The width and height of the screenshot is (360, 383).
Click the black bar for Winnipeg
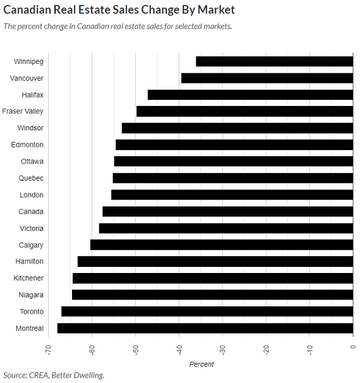pyautogui.click(x=274, y=61)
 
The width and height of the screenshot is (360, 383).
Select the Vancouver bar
pyautogui.click(x=267, y=78)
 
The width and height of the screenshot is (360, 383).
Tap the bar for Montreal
pyautogui.click(x=205, y=328)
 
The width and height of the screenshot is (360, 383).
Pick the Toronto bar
pyautogui.click(x=207, y=312)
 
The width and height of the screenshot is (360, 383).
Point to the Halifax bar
pyautogui.click(x=251, y=95)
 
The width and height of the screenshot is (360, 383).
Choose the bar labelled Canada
pyautogui.click(x=228, y=211)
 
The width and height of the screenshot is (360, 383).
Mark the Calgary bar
pyautogui.click(x=221, y=244)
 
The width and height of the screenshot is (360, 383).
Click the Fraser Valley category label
pyautogui.click(x=22, y=111)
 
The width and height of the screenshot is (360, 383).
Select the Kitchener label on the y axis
pyautogui.click(x=29, y=278)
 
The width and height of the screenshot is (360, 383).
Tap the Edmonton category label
pyautogui.click(x=27, y=145)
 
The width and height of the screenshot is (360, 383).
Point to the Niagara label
pyautogui.click(x=31, y=295)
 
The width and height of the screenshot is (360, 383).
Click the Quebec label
pyautogui.click(x=31, y=178)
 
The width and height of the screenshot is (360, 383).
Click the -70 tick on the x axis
pyautogui.click(x=49, y=350)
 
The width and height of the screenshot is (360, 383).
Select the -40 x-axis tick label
pyautogui.click(x=179, y=350)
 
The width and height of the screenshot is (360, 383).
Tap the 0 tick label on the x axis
pyautogui.click(x=353, y=347)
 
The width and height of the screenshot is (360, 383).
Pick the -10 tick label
pyautogui.click(x=310, y=350)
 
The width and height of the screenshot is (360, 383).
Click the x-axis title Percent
pyautogui.click(x=202, y=364)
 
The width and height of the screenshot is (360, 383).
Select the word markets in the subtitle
pyautogui.click(x=217, y=26)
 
